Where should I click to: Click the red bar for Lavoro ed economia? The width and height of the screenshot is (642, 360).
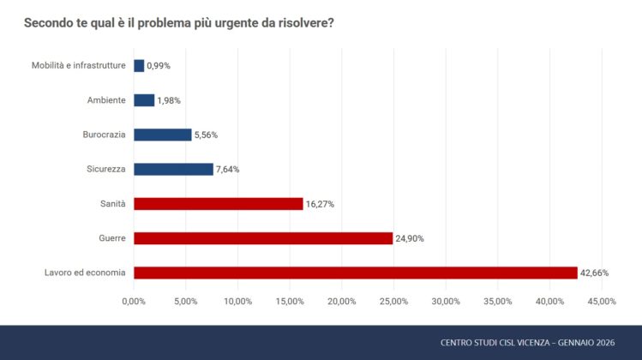click(355, 273)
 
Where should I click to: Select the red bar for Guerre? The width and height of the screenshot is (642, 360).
click(263, 238)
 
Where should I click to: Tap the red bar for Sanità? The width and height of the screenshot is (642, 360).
click(218, 204)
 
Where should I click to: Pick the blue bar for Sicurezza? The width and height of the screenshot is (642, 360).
click(173, 169)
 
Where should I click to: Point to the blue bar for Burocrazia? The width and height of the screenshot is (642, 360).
click(162, 135)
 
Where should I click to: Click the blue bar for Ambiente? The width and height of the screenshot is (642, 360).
click(144, 100)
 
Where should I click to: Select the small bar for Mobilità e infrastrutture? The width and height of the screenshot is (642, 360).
click(139, 66)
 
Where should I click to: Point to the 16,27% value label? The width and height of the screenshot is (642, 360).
click(321, 204)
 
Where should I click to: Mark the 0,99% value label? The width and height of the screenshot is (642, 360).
click(159, 66)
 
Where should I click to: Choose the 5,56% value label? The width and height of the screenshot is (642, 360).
click(207, 135)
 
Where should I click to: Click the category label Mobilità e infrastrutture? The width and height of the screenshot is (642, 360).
click(79, 66)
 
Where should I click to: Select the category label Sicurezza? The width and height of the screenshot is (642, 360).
click(106, 169)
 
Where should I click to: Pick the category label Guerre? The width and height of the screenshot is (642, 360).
click(112, 238)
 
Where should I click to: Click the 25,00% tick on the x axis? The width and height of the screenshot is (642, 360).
click(393, 302)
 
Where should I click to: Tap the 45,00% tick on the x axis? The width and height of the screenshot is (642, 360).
click(601, 302)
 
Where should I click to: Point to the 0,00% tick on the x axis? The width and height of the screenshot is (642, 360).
click(134, 302)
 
